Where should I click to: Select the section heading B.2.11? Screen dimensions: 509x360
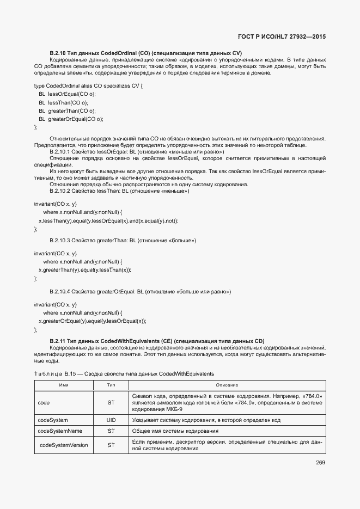tap(156, 341)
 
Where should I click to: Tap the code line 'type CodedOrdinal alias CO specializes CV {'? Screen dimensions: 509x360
tap(88, 86)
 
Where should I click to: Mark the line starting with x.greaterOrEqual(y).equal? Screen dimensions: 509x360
tap(92, 321)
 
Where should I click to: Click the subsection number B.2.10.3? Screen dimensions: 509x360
tap(59, 240)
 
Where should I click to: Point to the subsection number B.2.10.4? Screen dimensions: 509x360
tap(59, 292)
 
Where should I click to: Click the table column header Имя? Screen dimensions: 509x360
tap(63, 385)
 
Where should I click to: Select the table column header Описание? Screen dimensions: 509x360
tap(227, 385)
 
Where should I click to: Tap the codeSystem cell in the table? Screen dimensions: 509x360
tap(53, 420)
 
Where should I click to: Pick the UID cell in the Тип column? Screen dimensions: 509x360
tap(111, 420)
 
